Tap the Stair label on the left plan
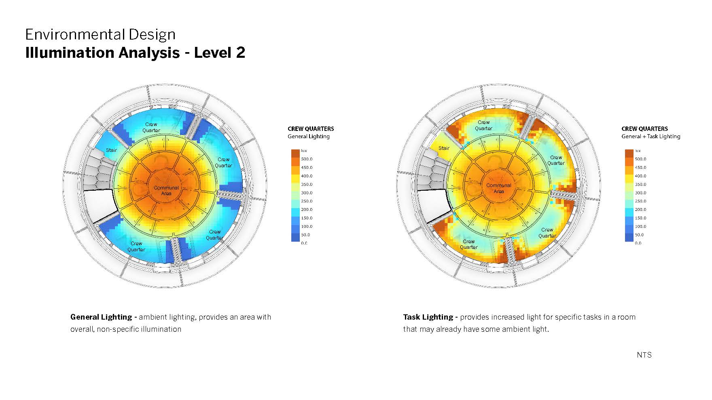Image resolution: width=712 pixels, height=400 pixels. point(111,150)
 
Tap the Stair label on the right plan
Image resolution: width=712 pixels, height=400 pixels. point(444,148)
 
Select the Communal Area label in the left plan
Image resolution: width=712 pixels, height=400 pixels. point(166,190)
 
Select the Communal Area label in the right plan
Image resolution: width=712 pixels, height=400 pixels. point(498,188)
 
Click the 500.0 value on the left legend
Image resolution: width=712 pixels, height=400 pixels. point(307,159)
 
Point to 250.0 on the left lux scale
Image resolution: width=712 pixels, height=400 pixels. point(307,201)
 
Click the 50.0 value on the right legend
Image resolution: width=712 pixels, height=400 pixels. point(639,235)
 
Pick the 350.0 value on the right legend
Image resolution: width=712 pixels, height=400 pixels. point(640,184)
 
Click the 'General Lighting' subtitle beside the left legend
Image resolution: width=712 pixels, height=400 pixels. point(308,137)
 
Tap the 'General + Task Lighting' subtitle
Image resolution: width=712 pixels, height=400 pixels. point(651,137)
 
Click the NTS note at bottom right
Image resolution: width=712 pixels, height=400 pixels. point(644,355)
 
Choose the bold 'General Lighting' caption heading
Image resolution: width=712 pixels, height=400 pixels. point(101,317)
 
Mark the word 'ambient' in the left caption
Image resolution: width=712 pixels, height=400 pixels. point(153,317)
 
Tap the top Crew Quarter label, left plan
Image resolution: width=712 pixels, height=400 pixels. point(151,127)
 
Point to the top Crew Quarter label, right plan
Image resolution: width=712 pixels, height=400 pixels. point(483,125)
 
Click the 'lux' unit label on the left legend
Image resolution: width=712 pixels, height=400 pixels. point(304,151)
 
